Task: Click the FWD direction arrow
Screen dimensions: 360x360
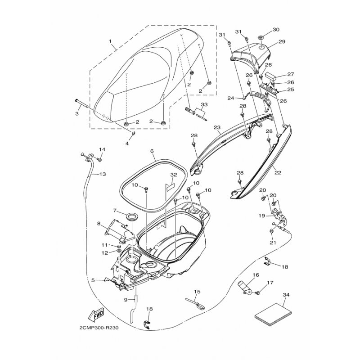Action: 95,315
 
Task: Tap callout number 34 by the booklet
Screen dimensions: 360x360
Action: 286,295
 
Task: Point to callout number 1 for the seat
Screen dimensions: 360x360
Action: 110,41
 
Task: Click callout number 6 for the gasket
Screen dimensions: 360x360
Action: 152,151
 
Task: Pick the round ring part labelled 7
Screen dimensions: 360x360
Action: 132,216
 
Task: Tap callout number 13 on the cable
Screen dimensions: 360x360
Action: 103,174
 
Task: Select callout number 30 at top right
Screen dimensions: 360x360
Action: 276,30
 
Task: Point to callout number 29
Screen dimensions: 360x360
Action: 282,41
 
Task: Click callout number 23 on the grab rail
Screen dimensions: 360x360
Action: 217,127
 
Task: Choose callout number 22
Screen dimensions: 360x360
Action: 278,172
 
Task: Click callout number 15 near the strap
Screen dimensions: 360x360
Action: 197,292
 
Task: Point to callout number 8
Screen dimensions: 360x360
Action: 99,224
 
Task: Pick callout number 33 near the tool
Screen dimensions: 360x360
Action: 204,105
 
